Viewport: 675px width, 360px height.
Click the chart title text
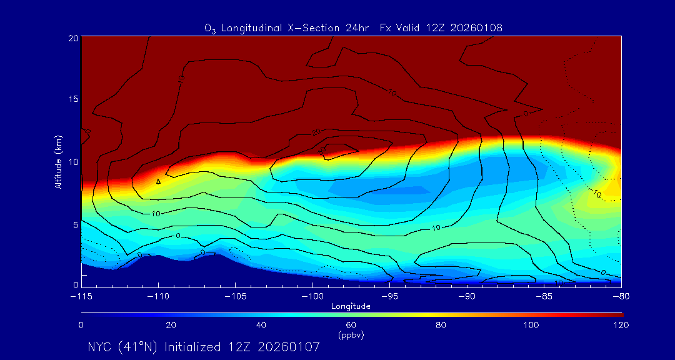point(354,28)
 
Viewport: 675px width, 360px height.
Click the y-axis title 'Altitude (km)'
point(58,162)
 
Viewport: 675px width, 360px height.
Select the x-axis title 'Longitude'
point(351,306)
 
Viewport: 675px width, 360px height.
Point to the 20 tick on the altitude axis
point(72,38)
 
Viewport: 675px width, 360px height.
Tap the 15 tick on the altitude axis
point(72,99)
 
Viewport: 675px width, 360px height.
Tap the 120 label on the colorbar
point(621,325)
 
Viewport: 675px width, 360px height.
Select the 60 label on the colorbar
point(351,325)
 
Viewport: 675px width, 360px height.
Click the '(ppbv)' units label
point(351,334)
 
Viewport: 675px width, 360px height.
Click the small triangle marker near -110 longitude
point(158,182)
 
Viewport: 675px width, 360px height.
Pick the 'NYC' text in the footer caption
point(101,347)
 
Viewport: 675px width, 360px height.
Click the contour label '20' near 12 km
point(316,132)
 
